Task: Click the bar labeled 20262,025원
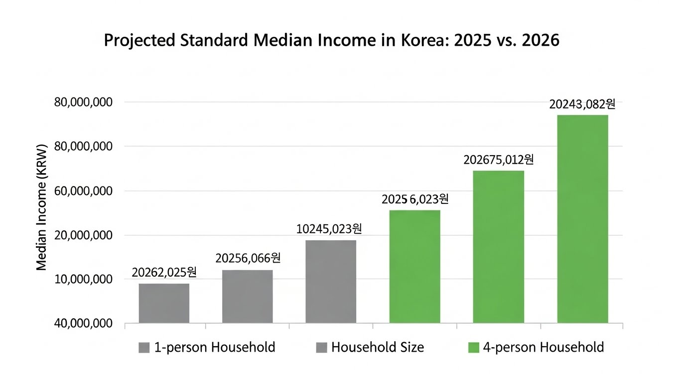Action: (x=164, y=303)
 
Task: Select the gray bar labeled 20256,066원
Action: (x=247, y=296)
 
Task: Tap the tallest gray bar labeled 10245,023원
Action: (x=331, y=282)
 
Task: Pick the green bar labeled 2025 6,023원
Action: (x=414, y=267)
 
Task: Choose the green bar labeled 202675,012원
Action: (x=498, y=247)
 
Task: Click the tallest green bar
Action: (x=582, y=219)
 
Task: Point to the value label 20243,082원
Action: (x=582, y=104)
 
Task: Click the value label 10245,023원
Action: (x=329, y=229)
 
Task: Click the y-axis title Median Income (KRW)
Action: (x=41, y=208)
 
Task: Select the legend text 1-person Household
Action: (x=215, y=347)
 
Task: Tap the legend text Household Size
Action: (x=378, y=347)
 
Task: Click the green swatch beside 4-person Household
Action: (x=473, y=348)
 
